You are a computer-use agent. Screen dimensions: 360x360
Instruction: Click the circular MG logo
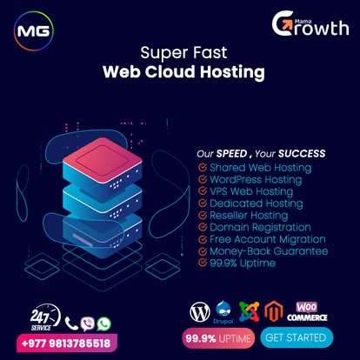[x=34, y=31]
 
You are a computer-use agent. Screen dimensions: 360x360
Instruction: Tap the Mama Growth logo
[x=310, y=23]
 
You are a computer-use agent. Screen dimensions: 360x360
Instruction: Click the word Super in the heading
[x=163, y=53]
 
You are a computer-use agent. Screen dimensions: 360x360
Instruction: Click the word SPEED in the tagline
[x=231, y=154]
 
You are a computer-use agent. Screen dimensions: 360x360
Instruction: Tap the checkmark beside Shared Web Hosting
[x=203, y=168]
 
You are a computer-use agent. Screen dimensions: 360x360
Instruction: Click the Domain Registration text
[x=260, y=228]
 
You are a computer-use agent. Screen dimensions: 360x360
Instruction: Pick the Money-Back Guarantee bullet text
[x=269, y=251]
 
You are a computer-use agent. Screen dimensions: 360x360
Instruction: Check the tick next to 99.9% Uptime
[x=203, y=263]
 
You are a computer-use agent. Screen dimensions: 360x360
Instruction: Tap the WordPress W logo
[x=200, y=312]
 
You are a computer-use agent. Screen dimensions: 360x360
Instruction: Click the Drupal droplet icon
[x=223, y=310]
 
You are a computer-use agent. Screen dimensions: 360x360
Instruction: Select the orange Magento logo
[x=274, y=311]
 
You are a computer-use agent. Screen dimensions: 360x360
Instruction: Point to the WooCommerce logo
[x=307, y=311]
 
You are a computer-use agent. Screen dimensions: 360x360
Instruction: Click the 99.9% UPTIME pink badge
[x=218, y=338]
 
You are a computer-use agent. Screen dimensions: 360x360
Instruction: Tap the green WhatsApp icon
[x=104, y=323]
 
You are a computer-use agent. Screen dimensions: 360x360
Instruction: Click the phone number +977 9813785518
[x=66, y=343]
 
